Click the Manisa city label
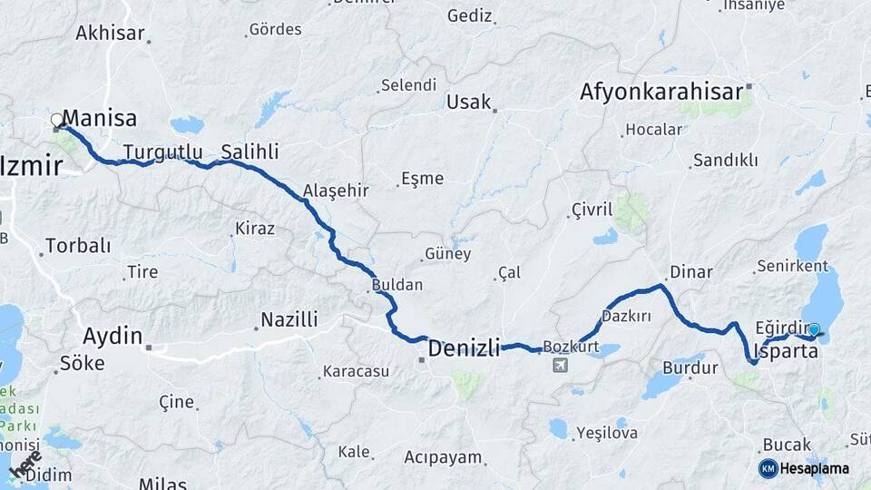101,118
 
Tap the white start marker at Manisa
57,120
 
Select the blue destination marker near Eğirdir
814,330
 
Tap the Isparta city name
786,351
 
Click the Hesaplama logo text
815,468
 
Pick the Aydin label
113,336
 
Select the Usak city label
468,102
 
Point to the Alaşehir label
336,191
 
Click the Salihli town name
250,152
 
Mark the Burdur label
690,367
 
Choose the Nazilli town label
289,319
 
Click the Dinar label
690,272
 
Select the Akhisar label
110,34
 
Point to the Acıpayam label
443,456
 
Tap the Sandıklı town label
725,161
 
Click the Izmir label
32,166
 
